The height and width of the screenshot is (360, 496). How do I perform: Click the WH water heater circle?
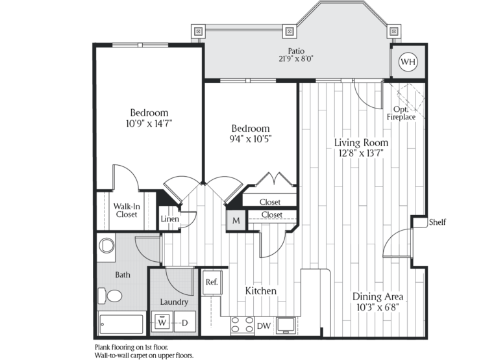click(x=408, y=62)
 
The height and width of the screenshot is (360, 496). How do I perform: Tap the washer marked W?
click(x=162, y=322)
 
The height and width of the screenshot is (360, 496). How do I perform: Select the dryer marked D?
click(x=185, y=322)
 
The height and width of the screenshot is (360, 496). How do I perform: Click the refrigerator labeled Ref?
click(x=212, y=282)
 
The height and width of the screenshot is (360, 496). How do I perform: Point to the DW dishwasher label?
click(x=264, y=326)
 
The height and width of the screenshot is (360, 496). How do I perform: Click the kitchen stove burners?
click(x=243, y=325)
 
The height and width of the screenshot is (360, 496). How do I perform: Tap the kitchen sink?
click(x=286, y=325)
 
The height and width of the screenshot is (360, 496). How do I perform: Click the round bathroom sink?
click(x=106, y=246)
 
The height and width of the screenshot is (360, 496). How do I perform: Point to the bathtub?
click(x=121, y=324)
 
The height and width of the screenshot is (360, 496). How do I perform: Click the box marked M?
click(x=236, y=220)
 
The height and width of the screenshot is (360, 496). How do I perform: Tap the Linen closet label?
click(x=170, y=219)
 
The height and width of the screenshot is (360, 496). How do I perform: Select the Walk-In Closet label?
click(x=127, y=211)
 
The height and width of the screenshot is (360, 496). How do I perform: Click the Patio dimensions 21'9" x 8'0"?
click(x=296, y=59)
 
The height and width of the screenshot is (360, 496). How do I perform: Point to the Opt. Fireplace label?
click(x=401, y=113)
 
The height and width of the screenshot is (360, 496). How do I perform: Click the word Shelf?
click(x=438, y=222)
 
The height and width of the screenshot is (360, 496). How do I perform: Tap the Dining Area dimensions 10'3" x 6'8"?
click(x=378, y=307)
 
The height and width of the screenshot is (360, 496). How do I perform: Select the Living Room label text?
click(x=361, y=143)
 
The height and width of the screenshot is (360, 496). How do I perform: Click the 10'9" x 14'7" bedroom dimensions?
click(x=149, y=123)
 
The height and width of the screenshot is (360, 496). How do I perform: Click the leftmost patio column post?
click(x=199, y=31)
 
